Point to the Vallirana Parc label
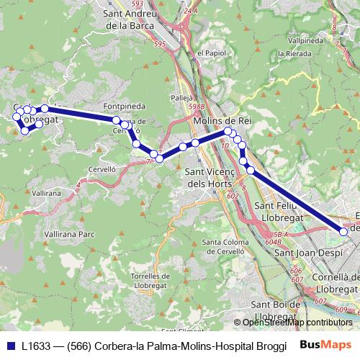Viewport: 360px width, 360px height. pyautogui.click(x=69, y=235)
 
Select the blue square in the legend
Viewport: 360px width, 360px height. pyautogui.click(x=9, y=345)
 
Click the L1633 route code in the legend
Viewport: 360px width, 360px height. pyautogui.click(x=35, y=345)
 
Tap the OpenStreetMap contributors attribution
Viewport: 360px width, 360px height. pyautogui.click(x=299, y=323)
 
